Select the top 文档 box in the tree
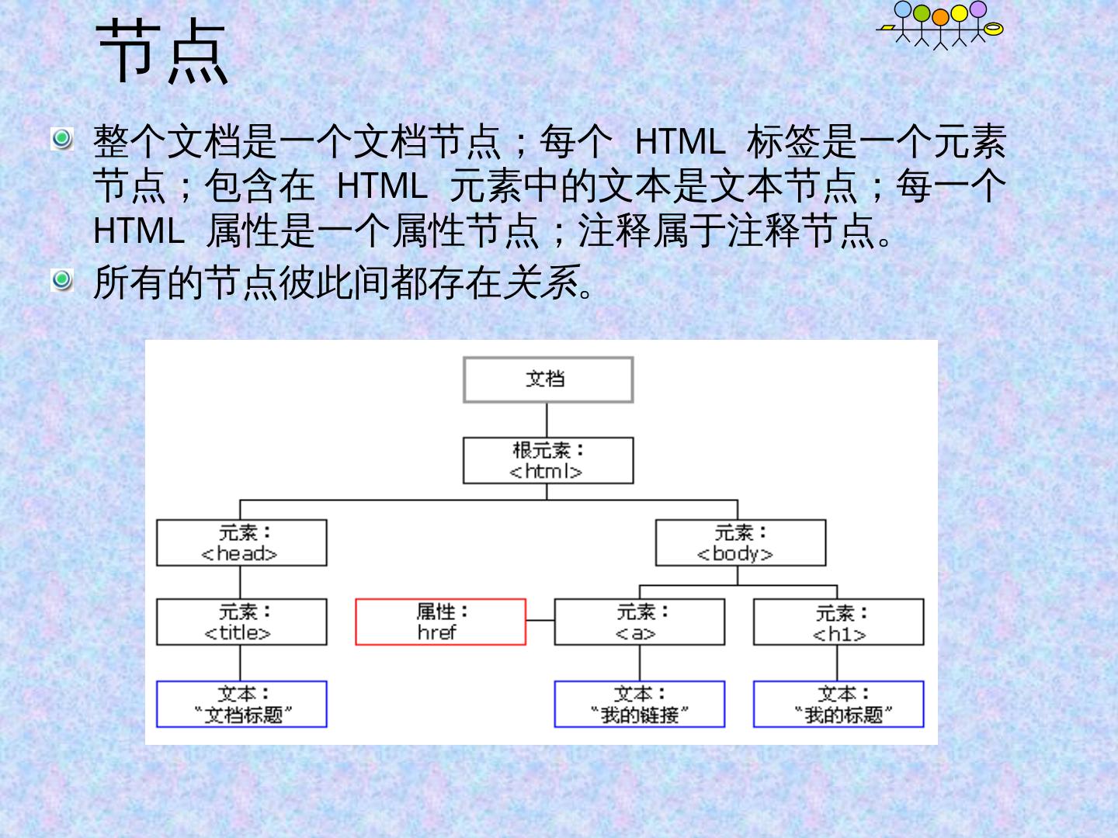pyautogui.click(x=548, y=379)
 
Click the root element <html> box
pyautogui.click(x=548, y=460)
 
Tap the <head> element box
pyautogui.click(x=241, y=542)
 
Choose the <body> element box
pyautogui.click(x=741, y=542)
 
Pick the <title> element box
pyautogui.click(x=241, y=622)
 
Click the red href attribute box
pyautogui.click(x=440, y=622)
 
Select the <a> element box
pyautogui.click(x=640, y=622)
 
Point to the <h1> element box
pyautogui.click(x=838, y=622)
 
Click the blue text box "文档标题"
pyautogui.click(x=241, y=705)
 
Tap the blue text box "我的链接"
pyautogui.click(x=640, y=705)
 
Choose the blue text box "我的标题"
pyautogui.click(x=838, y=705)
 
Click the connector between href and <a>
pyautogui.click(x=540, y=620)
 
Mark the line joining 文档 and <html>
pyautogui.click(x=547, y=420)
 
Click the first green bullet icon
pyautogui.click(x=62, y=139)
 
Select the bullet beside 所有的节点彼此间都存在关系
pyautogui.click(x=62, y=280)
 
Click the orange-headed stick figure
pyautogui.click(x=940, y=29)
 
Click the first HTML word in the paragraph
pyautogui.click(x=679, y=142)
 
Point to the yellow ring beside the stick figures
pyautogui.click(x=993, y=29)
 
